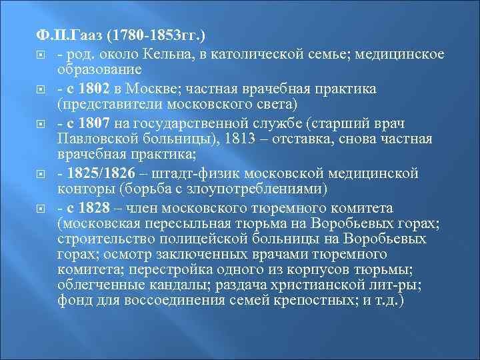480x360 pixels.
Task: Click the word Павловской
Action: coord(98,139)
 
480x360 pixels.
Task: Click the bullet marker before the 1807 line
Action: coord(41,124)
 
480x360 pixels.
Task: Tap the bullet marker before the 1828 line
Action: coord(41,209)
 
